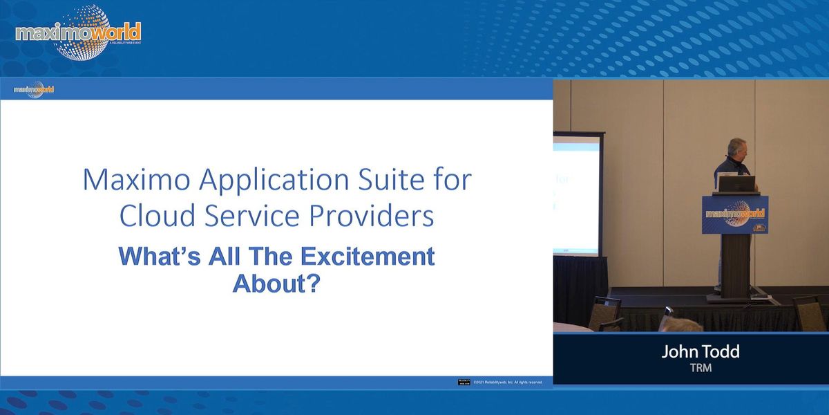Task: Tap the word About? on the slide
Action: click(276, 283)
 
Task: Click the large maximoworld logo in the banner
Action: click(77, 32)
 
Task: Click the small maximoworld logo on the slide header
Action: click(34, 89)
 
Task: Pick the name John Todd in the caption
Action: click(700, 351)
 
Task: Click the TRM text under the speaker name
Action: click(700, 368)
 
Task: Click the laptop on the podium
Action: click(736, 183)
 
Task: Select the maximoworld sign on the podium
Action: click(734, 214)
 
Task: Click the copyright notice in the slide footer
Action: click(508, 382)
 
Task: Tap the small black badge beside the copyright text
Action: click(464, 382)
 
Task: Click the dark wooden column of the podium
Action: click(734, 263)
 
